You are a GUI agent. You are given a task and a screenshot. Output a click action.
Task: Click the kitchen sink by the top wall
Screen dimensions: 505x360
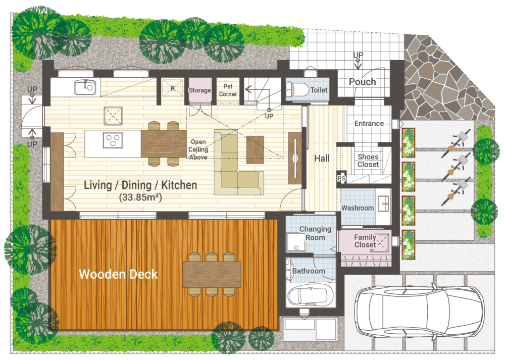85,87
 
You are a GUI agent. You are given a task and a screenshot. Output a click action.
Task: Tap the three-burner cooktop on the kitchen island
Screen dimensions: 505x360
113,140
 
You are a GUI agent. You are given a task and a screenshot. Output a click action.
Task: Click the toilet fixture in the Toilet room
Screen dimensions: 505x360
297,89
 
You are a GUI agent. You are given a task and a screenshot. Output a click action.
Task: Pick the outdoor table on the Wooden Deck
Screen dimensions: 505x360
212,274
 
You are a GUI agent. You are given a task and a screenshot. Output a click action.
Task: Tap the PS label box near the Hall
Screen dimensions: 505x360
341,178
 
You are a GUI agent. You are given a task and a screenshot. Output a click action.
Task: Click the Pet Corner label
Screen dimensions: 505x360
228,90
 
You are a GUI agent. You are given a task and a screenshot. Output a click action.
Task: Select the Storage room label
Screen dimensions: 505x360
199,90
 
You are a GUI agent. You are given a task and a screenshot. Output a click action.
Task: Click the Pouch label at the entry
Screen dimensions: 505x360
362,82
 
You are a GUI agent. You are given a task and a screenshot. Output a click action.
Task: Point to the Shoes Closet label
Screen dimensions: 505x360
368,161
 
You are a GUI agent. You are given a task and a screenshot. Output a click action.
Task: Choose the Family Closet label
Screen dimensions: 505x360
365,241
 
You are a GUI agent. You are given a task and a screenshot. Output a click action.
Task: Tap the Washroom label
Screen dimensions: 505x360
358,208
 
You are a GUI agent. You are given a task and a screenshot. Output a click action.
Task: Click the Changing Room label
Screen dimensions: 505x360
315,233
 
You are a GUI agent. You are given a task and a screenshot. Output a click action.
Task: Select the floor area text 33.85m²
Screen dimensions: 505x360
140,197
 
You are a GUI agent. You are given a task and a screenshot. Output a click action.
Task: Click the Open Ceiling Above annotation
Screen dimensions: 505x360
198,149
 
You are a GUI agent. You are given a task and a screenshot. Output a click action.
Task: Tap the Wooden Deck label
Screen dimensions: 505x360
118,274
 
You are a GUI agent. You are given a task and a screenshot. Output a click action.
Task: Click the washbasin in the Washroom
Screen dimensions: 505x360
384,203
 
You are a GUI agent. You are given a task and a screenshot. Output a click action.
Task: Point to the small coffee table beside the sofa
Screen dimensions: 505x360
255,150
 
